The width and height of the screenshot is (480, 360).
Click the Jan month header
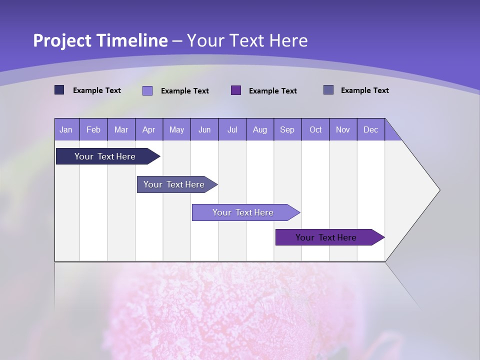tap(66, 129)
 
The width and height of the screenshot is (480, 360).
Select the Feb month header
tap(93, 129)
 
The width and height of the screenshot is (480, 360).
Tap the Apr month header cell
tap(148, 129)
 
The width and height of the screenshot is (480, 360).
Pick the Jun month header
tap(204, 129)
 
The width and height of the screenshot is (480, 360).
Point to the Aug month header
tap(260, 129)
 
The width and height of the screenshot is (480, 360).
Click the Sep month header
tap(287, 129)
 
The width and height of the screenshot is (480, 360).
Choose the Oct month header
tap(315, 129)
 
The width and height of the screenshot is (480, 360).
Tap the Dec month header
tap(370, 129)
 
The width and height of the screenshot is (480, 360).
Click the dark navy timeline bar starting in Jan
tap(105, 156)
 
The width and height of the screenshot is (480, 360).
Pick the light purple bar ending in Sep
tap(243, 212)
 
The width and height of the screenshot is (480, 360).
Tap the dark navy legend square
tap(59, 90)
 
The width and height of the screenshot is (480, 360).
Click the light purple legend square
tap(147, 90)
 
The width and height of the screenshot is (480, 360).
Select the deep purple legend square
tap(236, 90)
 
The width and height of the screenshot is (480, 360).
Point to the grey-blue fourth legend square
tap(328, 90)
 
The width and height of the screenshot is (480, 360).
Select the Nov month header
tap(343, 129)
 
